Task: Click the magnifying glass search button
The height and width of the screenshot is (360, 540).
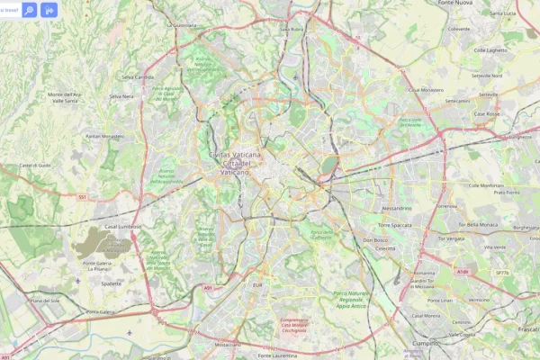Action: click(x=29, y=11)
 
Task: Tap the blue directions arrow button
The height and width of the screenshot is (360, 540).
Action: click(x=49, y=11)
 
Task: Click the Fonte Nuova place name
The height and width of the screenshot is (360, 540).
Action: click(x=458, y=4)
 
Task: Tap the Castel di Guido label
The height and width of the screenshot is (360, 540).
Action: click(x=37, y=165)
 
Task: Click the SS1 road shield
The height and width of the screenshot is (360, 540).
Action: click(x=82, y=196)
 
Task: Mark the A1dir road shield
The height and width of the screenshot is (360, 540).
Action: click(x=463, y=271)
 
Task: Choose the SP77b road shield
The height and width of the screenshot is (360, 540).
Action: click(x=501, y=273)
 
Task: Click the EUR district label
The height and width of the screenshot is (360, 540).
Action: click(x=257, y=283)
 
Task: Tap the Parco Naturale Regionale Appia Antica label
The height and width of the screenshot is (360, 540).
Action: click(x=352, y=299)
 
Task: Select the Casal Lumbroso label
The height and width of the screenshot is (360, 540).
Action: click(x=123, y=227)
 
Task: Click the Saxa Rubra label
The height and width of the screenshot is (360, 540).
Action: click(x=291, y=29)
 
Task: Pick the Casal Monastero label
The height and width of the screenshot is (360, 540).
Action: click(x=426, y=90)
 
